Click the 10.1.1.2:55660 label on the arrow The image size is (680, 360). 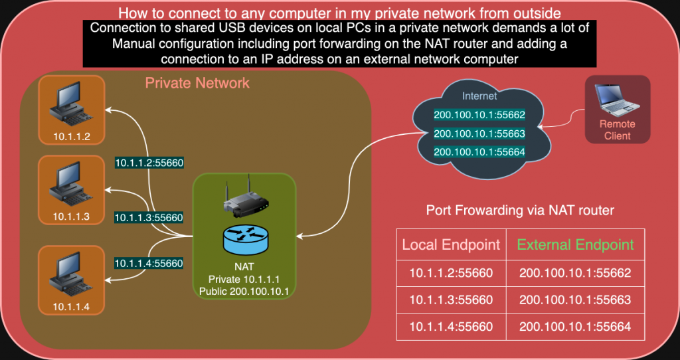click(149, 162)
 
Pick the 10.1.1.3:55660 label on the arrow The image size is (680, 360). click(149, 217)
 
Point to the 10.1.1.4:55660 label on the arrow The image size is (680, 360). click(149, 264)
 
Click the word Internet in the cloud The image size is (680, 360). click(479, 96)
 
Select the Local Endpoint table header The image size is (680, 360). click(451, 245)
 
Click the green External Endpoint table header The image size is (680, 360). click(575, 245)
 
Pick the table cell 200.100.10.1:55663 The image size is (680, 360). click(575, 300)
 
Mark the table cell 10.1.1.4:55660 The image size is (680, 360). click(451, 326)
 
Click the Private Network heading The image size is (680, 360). click(197, 83)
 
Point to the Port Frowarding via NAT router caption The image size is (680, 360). click(519, 211)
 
